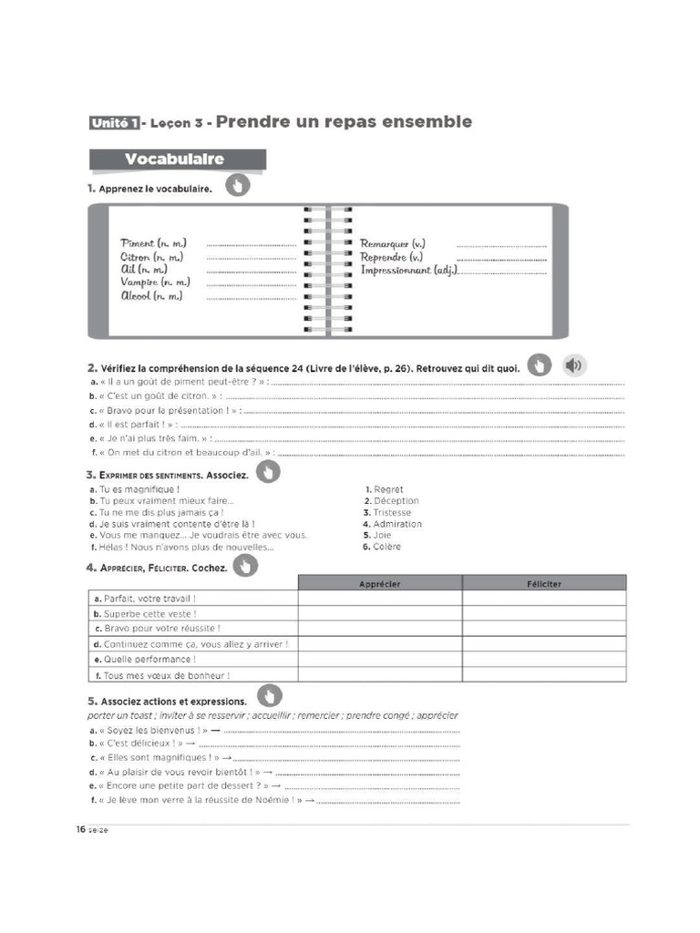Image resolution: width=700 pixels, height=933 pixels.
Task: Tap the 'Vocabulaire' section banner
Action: [x=175, y=159]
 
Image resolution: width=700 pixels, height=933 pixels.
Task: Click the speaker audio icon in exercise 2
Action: [x=574, y=365]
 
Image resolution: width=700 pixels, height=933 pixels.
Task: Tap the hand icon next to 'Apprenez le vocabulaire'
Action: [x=237, y=187]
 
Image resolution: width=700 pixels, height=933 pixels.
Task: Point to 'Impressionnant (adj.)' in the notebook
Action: [x=408, y=270]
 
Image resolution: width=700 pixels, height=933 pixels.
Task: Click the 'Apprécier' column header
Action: [x=380, y=583]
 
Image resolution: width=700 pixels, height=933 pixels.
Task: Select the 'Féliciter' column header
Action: [x=544, y=583]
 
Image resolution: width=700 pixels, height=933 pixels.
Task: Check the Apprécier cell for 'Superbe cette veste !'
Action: [x=380, y=613]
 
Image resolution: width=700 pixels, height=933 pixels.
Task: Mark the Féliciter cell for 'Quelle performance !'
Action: [x=544, y=659]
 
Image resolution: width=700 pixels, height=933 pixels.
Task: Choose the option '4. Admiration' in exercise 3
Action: [x=393, y=524]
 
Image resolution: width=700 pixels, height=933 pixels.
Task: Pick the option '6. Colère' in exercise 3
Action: [x=383, y=547]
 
